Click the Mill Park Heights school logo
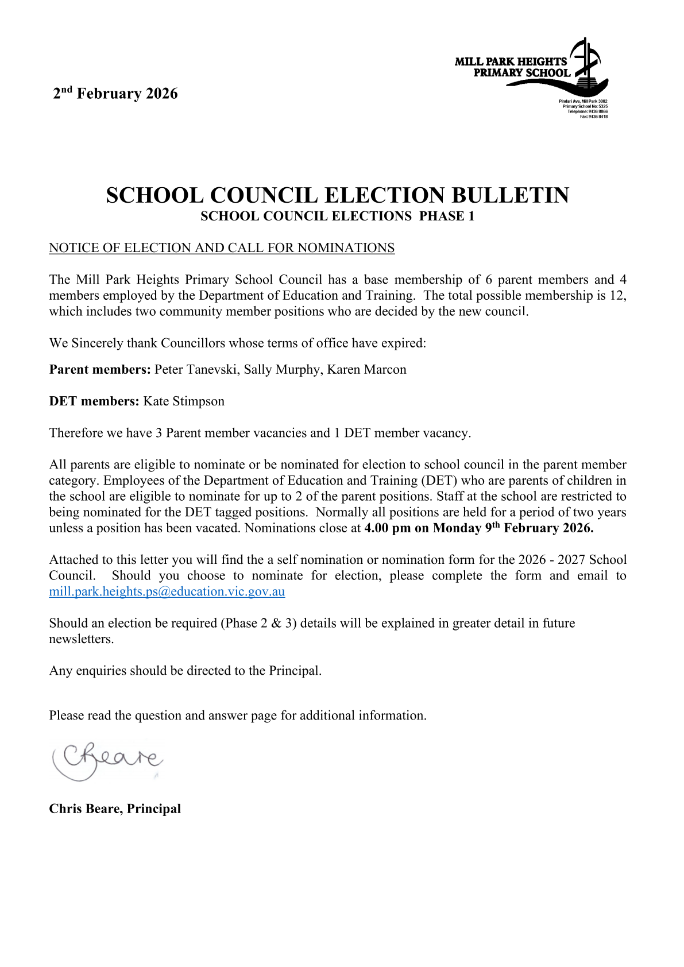[x=531, y=68]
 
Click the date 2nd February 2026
[x=115, y=94]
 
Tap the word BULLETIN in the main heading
[x=510, y=196]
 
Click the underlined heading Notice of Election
[x=222, y=248]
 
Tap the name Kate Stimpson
[x=184, y=401]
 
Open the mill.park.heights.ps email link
[x=167, y=592]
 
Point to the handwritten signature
[x=108, y=760]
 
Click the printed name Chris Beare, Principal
[x=115, y=809]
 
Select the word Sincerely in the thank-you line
[x=97, y=343]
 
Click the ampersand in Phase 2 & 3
[x=276, y=624]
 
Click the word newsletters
[x=81, y=639]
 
